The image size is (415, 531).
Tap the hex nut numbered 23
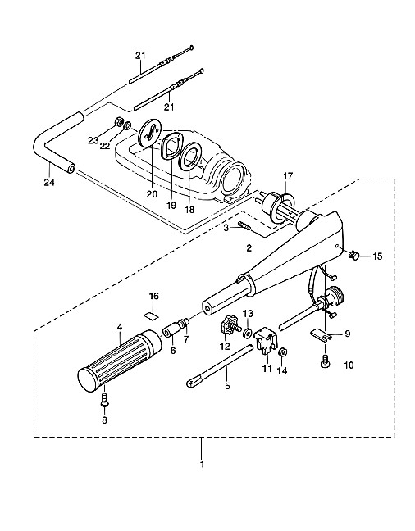(119, 121)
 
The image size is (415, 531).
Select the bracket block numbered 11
(267, 340)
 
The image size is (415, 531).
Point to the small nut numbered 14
(282, 352)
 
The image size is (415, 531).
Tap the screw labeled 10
(325, 361)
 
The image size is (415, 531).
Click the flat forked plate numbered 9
(321, 334)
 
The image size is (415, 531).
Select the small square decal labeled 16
(151, 315)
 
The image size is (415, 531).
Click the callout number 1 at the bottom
(202, 465)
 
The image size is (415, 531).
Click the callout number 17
(288, 176)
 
